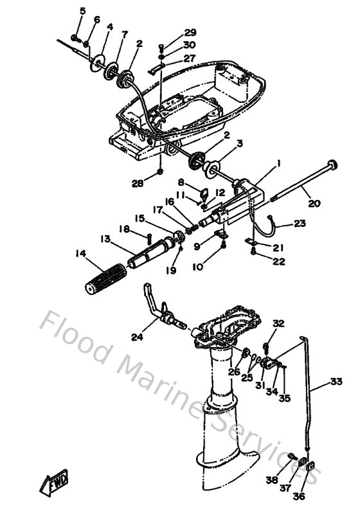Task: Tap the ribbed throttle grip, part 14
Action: pyautogui.click(x=105, y=278)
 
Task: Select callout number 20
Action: pyautogui.click(x=314, y=204)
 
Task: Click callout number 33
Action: pyautogui.click(x=336, y=381)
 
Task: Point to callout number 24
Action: pyautogui.click(x=138, y=337)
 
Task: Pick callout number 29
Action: pyautogui.click(x=190, y=32)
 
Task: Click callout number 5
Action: pyautogui.click(x=82, y=11)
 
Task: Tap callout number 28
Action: pyautogui.click(x=138, y=184)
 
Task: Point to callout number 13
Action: pyautogui.click(x=105, y=239)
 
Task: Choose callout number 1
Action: pyautogui.click(x=279, y=163)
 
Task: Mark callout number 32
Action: pyautogui.click(x=278, y=323)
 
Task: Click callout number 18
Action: pyautogui.click(x=124, y=229)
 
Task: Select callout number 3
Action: pyautogui.click(x=240, y=143)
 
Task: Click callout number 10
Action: pyautogui.click(x=197, y=267)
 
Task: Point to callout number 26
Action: pyautogui.click(x=235, y=372)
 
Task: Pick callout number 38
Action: pyautogui.click(x=272, y=480)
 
